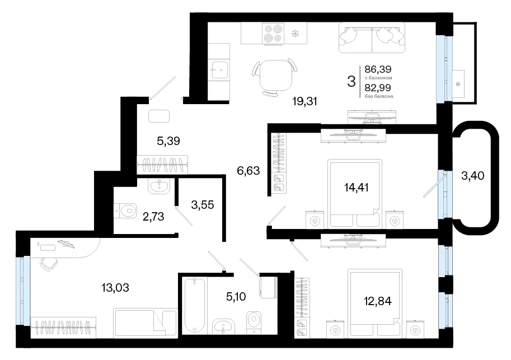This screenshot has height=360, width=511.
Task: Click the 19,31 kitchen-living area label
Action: click(304, 102)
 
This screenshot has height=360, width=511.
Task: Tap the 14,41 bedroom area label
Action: click(356, 188)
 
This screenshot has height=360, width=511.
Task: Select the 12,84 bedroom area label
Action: click(378, 301)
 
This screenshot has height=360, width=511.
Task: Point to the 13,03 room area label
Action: click(115, 288)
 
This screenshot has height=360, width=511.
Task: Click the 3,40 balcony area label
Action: click(472, 176)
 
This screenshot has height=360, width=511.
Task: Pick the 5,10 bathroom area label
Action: click(236, 297)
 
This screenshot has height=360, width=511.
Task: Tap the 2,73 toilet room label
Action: click(153, 217)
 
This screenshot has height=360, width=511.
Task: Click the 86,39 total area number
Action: click(378, 69)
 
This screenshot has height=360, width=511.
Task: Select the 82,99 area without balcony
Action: click(378, 87)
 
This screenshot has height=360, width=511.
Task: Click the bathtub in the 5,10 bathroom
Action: click(194, 306)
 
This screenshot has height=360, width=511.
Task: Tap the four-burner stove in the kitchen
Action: click(273, 33)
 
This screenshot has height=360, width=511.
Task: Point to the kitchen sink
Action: click(218, 69)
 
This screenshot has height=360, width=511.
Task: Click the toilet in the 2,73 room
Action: click(125, 211)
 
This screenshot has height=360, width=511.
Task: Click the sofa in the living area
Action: click(372, 38)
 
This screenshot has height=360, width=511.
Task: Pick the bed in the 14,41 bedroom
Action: click(355, 194)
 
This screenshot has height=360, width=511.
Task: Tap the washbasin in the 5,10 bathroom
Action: click(223, 326)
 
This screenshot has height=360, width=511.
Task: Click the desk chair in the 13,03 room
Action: click(48, 264)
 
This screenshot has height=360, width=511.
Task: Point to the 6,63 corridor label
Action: click(249, 171)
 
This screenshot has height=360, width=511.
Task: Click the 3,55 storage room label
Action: click(203, 205)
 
